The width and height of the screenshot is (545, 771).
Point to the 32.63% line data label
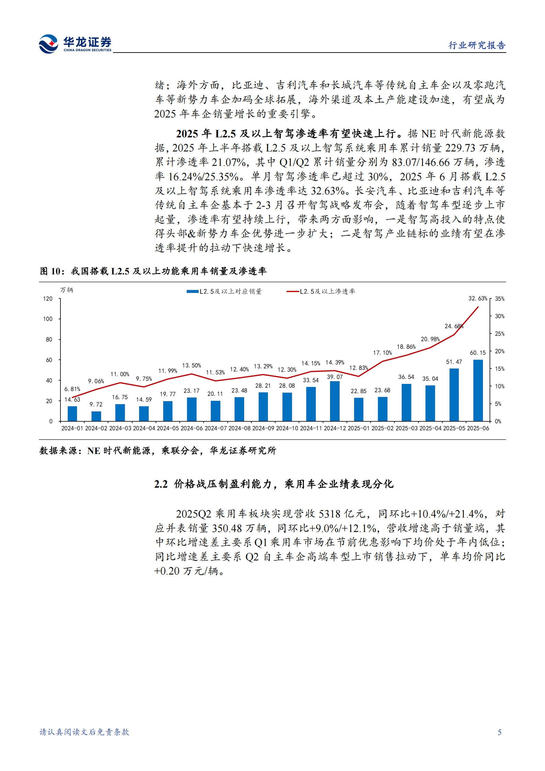(477, 298)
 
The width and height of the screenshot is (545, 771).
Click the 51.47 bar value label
(454, 362)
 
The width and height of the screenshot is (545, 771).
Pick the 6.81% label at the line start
(72, 389)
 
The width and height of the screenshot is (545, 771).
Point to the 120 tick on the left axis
(48, 299)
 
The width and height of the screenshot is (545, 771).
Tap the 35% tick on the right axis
(500, 299)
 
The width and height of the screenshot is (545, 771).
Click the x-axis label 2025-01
(359, 428)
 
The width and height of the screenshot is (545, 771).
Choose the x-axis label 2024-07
(215, 428)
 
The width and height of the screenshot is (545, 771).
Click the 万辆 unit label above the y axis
(67, 290)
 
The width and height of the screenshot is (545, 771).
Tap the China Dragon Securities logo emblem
(48, 44)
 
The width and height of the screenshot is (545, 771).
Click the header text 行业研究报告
(477, 45)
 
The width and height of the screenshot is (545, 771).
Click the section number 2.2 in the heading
(161, 484)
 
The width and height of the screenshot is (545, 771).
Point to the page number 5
(499, 732)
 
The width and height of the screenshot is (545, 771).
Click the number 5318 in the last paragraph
(329, 514)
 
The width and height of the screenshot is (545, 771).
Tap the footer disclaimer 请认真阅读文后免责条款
(84, 732)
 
